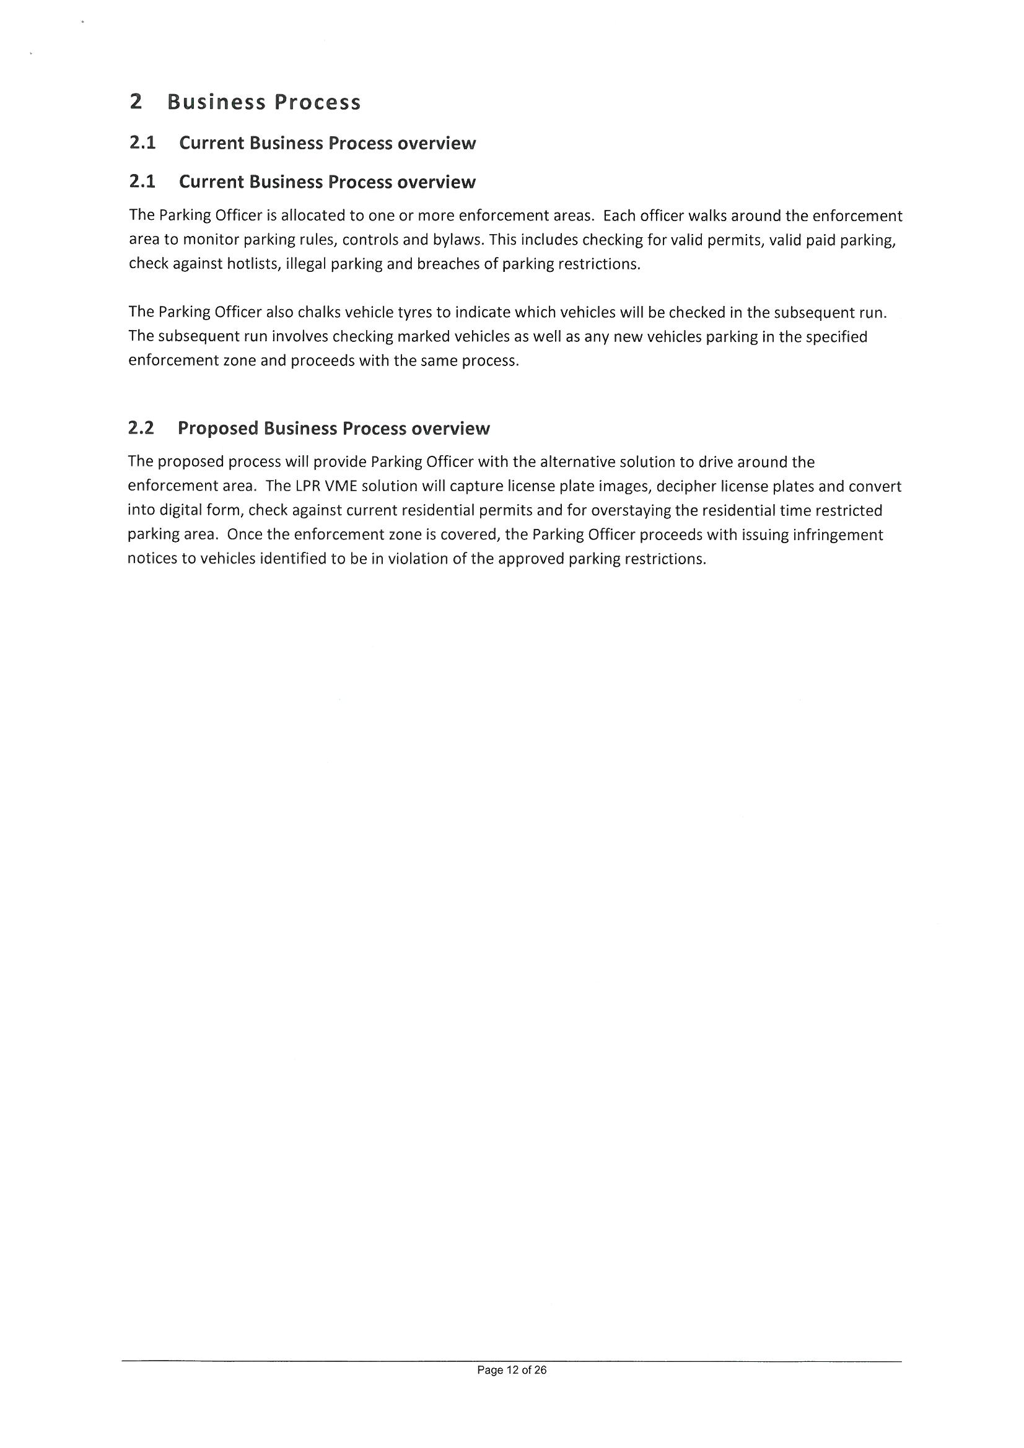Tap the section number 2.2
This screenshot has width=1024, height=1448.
tap(141, 428)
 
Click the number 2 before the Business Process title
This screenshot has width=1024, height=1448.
tap(136, 102)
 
